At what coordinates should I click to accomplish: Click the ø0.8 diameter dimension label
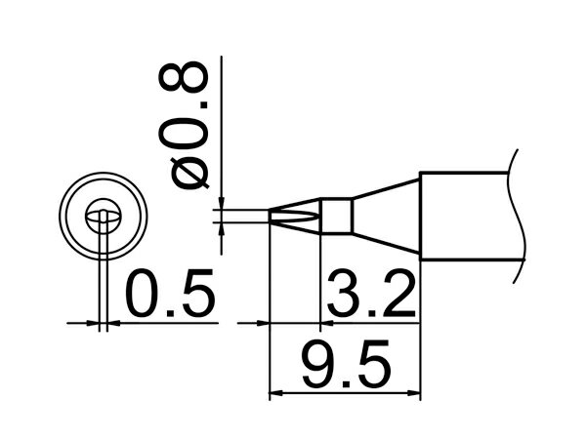click(184, 125)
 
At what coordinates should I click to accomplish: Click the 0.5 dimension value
click(171, 293)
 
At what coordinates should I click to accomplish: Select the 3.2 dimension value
click(371, 293)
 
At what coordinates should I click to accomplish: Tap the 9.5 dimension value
click(347, 364)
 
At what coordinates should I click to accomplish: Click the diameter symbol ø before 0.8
click(189, 174)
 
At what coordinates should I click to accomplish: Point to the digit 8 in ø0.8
click(184, 77)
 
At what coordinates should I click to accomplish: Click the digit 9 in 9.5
click(318, 364)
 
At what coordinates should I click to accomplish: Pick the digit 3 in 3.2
click(344, 293)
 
